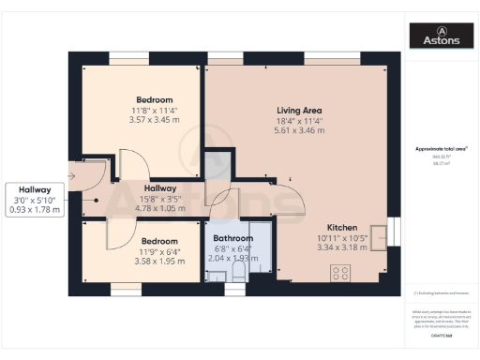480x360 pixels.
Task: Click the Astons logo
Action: point(442,36)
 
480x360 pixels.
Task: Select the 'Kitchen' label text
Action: point(340,228)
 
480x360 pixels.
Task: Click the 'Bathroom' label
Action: point(233,238)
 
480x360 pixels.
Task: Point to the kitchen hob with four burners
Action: point(341,273)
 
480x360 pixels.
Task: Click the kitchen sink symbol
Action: point(379,234)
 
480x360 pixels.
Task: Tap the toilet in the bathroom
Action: point(238,271)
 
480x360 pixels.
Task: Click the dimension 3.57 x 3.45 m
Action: point(154,120)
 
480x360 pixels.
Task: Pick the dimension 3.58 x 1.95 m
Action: point(154,261)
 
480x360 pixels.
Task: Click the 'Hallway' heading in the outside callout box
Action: point(34,188)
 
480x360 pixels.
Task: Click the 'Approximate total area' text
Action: point(440,149)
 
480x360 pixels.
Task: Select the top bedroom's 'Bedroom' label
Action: point(154,99)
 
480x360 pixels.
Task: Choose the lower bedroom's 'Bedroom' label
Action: point(154,240)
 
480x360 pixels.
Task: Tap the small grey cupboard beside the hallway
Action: point(217,164)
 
